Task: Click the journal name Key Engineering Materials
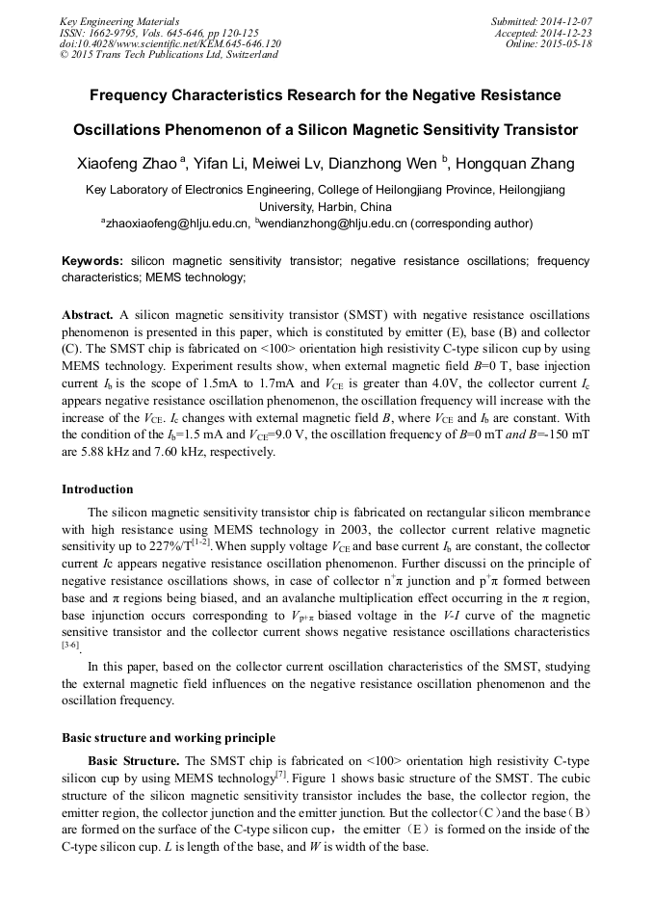click(x=118, y=20)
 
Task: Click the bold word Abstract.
click(x=88, y=315)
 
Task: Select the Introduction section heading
click(x=97, y=489)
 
